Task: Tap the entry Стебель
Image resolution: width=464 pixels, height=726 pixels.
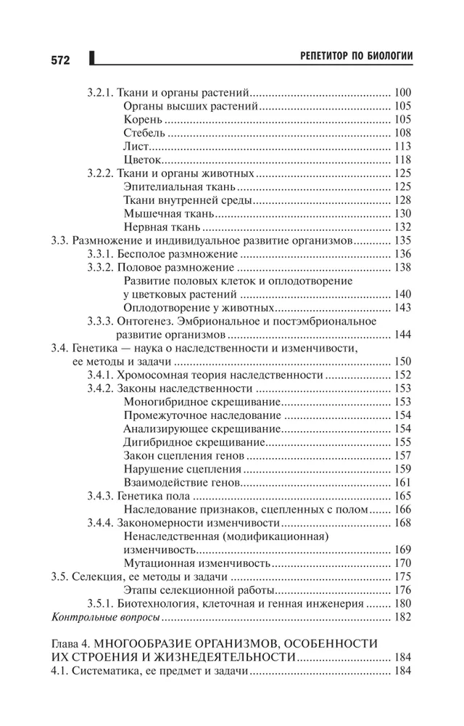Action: click(145, 133)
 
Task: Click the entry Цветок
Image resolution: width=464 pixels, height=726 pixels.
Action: click(143, 160)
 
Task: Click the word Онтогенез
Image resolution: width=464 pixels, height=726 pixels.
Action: click(149, 321)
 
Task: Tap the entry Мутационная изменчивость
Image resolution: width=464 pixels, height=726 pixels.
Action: click(196, 563)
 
